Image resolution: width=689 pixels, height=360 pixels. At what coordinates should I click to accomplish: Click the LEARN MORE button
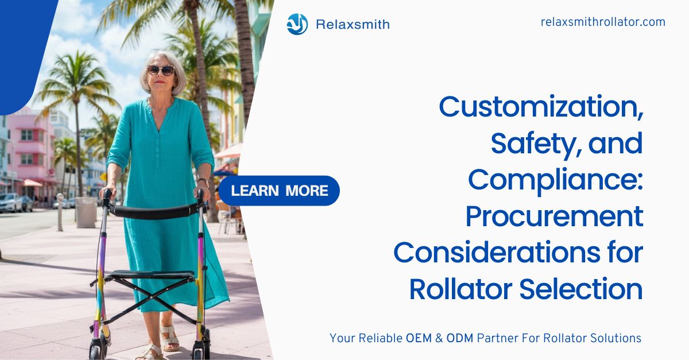point(279,191)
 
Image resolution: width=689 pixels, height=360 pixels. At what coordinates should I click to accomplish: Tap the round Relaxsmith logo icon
point(297,24)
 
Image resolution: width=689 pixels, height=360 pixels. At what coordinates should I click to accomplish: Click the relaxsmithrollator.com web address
point(603,22)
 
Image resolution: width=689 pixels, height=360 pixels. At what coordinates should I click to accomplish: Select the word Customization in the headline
point(541,107)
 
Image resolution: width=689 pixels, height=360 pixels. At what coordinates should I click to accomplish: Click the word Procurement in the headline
point(554,216)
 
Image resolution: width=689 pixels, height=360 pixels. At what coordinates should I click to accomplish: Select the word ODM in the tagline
point(459,338)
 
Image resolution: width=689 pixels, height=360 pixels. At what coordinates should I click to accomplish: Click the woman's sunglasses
point(161,70)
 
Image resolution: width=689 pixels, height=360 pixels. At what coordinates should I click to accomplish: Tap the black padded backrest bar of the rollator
point(153,212)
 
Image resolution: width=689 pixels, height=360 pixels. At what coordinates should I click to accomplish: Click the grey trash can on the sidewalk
point(86,212)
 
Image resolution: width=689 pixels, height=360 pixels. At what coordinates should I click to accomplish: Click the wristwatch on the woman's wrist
point(203,181)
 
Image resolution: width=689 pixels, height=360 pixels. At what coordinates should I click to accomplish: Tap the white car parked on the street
point(11,203)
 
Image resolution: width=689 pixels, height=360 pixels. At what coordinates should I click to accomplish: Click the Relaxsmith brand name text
point(353,24)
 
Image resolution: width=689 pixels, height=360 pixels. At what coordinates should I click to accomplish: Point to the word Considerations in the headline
point(497,253)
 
